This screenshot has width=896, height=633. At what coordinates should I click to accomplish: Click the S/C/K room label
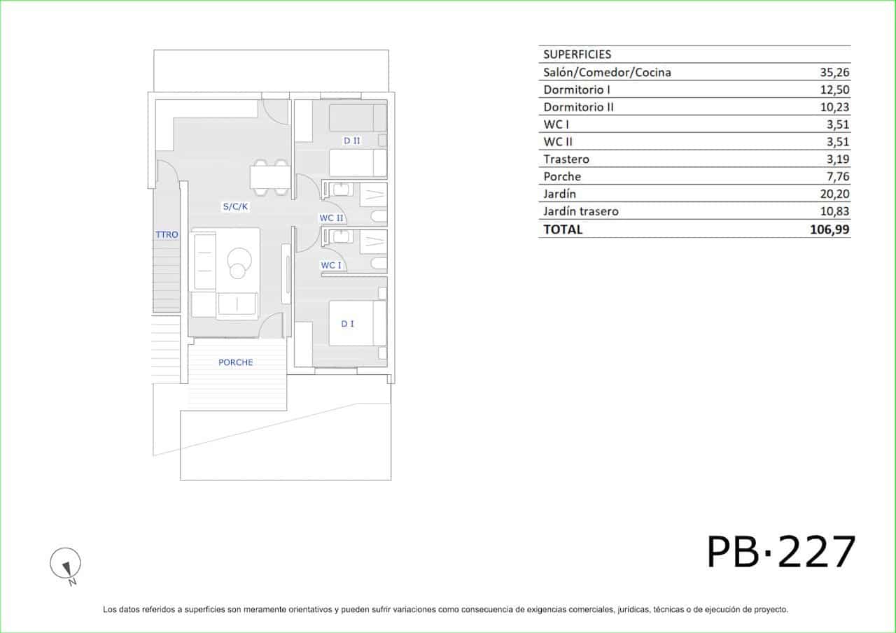point(235,206)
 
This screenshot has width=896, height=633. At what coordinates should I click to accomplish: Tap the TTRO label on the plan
point(167,234)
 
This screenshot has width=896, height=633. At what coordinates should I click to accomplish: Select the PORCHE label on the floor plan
point(236,362)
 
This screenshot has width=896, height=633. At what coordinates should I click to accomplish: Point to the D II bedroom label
point(352,141)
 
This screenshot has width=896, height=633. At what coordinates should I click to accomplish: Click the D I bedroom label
point(348,324)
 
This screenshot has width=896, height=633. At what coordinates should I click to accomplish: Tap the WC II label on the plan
point(331,218)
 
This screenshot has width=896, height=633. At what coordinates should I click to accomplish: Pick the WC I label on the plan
point(331,265)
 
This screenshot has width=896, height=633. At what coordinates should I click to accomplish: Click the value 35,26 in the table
point(835,72)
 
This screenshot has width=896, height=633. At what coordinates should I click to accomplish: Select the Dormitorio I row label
point(577,90)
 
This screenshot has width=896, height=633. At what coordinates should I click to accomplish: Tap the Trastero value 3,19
point(838,159)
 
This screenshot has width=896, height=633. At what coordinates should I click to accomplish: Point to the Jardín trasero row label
point(581,211)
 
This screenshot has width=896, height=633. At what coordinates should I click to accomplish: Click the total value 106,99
point(829,229)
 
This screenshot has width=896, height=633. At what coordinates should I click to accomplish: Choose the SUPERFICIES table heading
point(577,55)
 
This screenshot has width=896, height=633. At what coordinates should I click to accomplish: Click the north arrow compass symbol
point(66,565)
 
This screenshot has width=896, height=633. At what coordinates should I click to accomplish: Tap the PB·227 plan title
point(781,552)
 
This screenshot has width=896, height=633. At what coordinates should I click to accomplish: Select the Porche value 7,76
point(838,176)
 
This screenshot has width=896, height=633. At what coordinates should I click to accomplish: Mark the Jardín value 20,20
point(835,194)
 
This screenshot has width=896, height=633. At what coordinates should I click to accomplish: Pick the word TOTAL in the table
point(563,229)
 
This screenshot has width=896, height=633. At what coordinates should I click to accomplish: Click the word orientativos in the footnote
point(310,609)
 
